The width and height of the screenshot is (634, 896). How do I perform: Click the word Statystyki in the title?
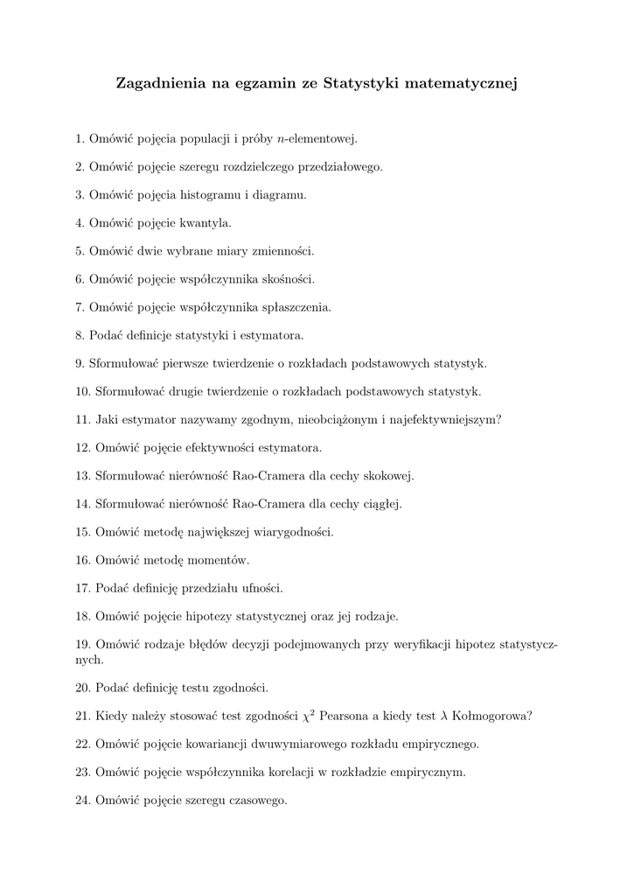tap(360, 84)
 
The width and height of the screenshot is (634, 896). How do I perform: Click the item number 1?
tap(80, 138)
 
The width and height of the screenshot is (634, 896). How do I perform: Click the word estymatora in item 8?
tap(274, 335)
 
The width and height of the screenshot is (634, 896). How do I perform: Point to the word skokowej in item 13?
tap(389, 476)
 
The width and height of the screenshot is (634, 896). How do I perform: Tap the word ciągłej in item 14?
tap(382, 504)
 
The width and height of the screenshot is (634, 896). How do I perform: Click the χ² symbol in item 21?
tap(308, 716)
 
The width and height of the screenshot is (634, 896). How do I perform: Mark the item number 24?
tap(83, 800)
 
